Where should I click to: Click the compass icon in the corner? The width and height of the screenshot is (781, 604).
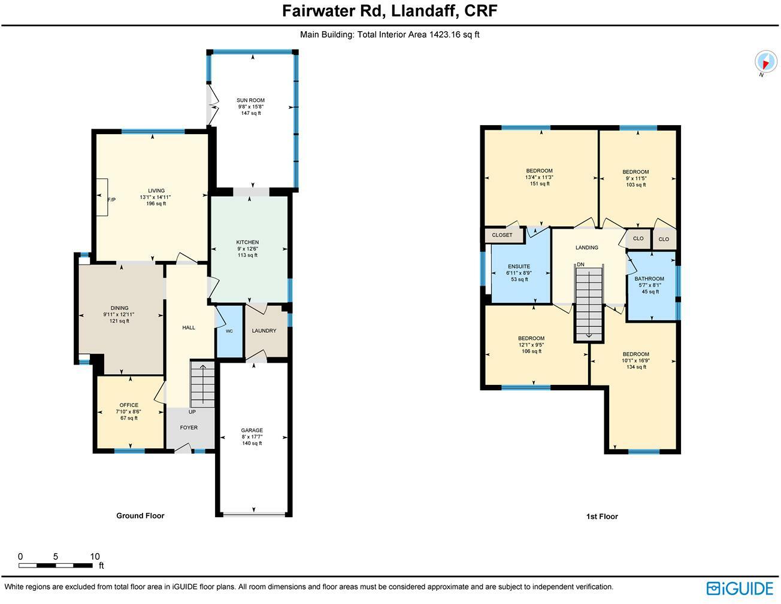[x=765, y=62]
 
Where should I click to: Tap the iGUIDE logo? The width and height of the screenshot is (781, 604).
[x=740, y=588]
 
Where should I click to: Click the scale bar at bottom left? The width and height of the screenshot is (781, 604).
[x=55, y=565]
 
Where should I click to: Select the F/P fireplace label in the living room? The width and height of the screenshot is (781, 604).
[x=111, y=199]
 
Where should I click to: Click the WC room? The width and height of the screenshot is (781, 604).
[x=229, y=331]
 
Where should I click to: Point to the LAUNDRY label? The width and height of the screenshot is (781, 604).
[x=264, y=330]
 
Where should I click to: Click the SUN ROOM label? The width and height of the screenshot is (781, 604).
[x=250, y=101]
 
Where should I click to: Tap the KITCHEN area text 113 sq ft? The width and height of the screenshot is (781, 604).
[x=247, y=255]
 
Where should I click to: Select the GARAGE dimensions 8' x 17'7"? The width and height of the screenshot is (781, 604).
[x=252, y=436]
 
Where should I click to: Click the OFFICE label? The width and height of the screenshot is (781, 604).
[x=129, y=405]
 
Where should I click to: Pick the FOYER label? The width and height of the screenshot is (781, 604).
[x=189, y=427]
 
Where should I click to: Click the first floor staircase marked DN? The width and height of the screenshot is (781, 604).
[x=589, y=302]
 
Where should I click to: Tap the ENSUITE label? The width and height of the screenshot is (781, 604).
[x=519, y=266]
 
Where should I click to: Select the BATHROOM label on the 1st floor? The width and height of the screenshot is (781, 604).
[x=649, y=279]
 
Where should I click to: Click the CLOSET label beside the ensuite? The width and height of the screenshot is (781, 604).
[x=502, y=235]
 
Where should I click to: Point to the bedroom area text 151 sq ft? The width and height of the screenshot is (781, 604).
[x=539, y=184]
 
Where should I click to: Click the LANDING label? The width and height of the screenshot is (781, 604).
[x=586, y=247]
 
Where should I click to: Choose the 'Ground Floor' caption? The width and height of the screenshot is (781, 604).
[x=140, y=515]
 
